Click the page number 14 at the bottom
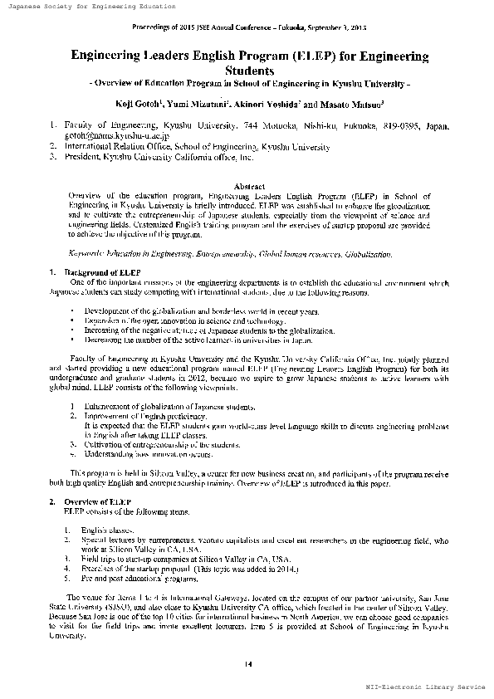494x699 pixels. [x=247, y=661]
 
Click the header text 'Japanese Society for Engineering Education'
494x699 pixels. [x=93, y=7]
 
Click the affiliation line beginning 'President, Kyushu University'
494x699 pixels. [x=158, y=156]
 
